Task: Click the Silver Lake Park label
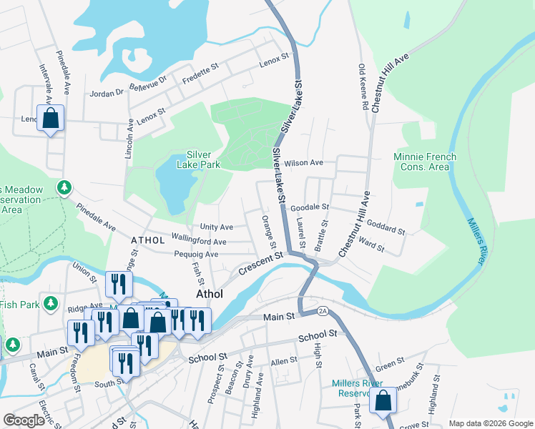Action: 202,159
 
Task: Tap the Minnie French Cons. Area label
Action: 421,162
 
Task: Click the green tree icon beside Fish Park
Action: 51,304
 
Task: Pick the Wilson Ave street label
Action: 303,163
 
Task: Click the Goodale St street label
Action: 309,207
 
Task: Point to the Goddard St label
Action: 386,228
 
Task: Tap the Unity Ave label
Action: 216,227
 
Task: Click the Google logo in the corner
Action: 24,420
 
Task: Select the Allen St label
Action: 284,362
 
